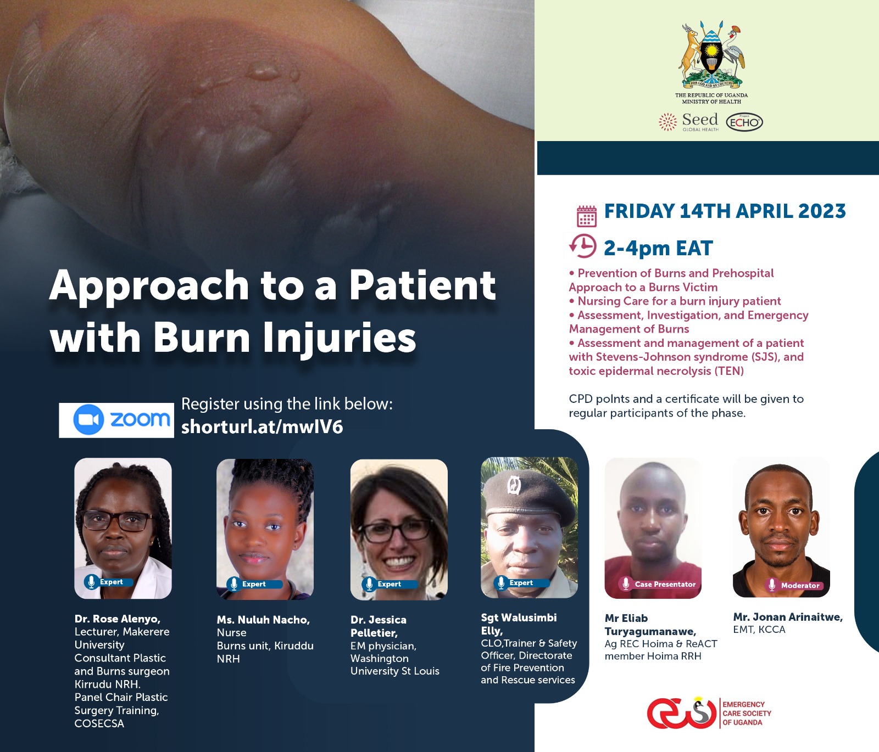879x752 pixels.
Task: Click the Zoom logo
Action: pyautogui.click(x=116, y=420)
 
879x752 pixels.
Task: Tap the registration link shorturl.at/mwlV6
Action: pyautogui.click(x=262, y=427)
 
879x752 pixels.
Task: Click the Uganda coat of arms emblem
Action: pyautogui.click(x=711, y=55)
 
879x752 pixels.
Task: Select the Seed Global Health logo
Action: pyautogui.click(x=689, y=122)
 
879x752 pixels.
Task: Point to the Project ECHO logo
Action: pyautogui.click(x=744, y=122)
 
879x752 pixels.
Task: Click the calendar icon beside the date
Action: pyautogui.click(x=587, y=216)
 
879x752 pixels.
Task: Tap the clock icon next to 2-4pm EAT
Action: pyautogui.click(x=583, y=246)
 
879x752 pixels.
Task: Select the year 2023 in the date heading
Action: pyautogui.click(x=822, y=211)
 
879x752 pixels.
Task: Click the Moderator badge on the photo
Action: pyautogui.click(x=794, y=586)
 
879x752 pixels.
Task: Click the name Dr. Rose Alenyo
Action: pyautogui.click(x=118, y=619)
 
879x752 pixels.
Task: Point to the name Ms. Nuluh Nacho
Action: pyautogui.click(x=263, y=620)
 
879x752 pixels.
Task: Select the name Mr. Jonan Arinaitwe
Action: pyautogui.click(x=788, y=617)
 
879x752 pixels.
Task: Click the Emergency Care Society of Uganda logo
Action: pyautogui.click(x=709, y=713)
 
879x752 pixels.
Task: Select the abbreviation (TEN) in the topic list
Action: pyautogui.click(x=729, y=371)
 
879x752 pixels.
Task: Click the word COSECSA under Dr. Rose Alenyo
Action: pyautogui.click(x=99, y=723)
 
